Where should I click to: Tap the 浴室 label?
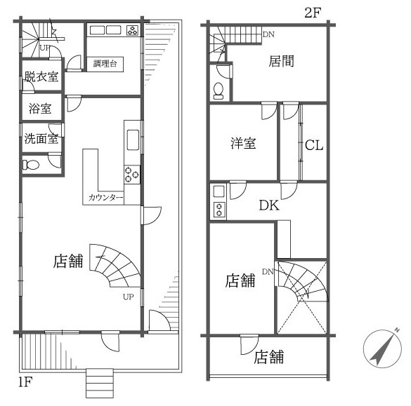tap(39, 109)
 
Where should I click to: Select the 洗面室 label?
tap(41, 138)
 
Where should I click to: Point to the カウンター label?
tap(106, 198)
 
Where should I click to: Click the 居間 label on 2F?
tap(281, 62)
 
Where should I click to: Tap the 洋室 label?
tap(243, 144)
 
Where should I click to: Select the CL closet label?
tap(313, 146)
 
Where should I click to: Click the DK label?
tap(268, 205)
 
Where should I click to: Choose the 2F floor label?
tap(313, 12)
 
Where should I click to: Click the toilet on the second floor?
tap(219, 89)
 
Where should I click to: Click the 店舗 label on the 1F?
tap(68, 262)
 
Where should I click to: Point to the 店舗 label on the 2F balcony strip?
tap(268, 356)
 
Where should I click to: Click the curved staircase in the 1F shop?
tap(116, 270)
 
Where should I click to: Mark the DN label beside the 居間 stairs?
tap(268, 34)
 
